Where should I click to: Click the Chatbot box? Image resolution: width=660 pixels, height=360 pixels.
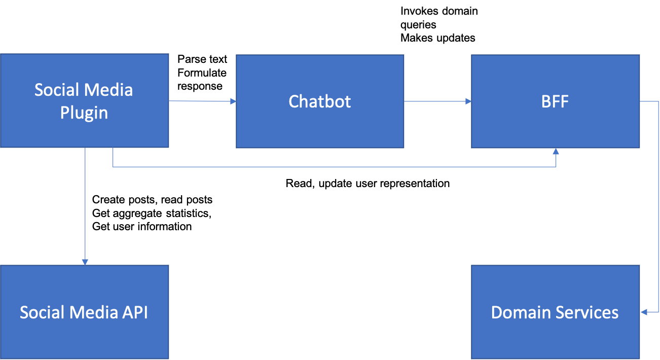[320, 101]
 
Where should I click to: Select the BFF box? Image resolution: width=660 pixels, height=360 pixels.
[556, 101]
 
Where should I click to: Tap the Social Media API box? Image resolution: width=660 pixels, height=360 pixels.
[85, 312]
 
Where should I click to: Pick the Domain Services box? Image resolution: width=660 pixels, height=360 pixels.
[556, 312]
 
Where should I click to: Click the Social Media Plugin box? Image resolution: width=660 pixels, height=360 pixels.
[85, 100]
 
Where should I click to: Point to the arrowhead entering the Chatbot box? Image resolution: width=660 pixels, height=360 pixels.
[233, 101]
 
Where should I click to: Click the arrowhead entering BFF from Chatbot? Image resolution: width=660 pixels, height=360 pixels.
[468, 101]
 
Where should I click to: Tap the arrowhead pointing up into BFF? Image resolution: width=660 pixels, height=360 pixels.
[556, 151]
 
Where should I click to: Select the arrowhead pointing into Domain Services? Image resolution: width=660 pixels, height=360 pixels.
[644, 312]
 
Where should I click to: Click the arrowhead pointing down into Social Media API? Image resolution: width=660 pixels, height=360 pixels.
[85, 262]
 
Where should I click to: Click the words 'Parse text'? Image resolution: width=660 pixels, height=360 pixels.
[202, 59]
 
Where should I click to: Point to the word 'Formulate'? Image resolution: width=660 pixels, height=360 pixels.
[202, 73]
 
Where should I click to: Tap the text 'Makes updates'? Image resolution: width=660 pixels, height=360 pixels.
[437, 38]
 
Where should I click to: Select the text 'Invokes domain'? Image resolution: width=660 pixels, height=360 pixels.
[439, 11]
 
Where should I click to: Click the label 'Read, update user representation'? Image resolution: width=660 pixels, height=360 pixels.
[368, 184]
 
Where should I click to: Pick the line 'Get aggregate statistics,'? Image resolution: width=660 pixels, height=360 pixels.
[152, 213]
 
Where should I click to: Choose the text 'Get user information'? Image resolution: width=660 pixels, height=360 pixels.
[142, 227]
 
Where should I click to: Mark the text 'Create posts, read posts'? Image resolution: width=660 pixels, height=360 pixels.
[152, 200]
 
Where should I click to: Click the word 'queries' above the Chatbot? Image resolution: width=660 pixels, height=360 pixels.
[418, 25]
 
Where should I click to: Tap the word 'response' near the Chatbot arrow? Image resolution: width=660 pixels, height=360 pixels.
[200, 86]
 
